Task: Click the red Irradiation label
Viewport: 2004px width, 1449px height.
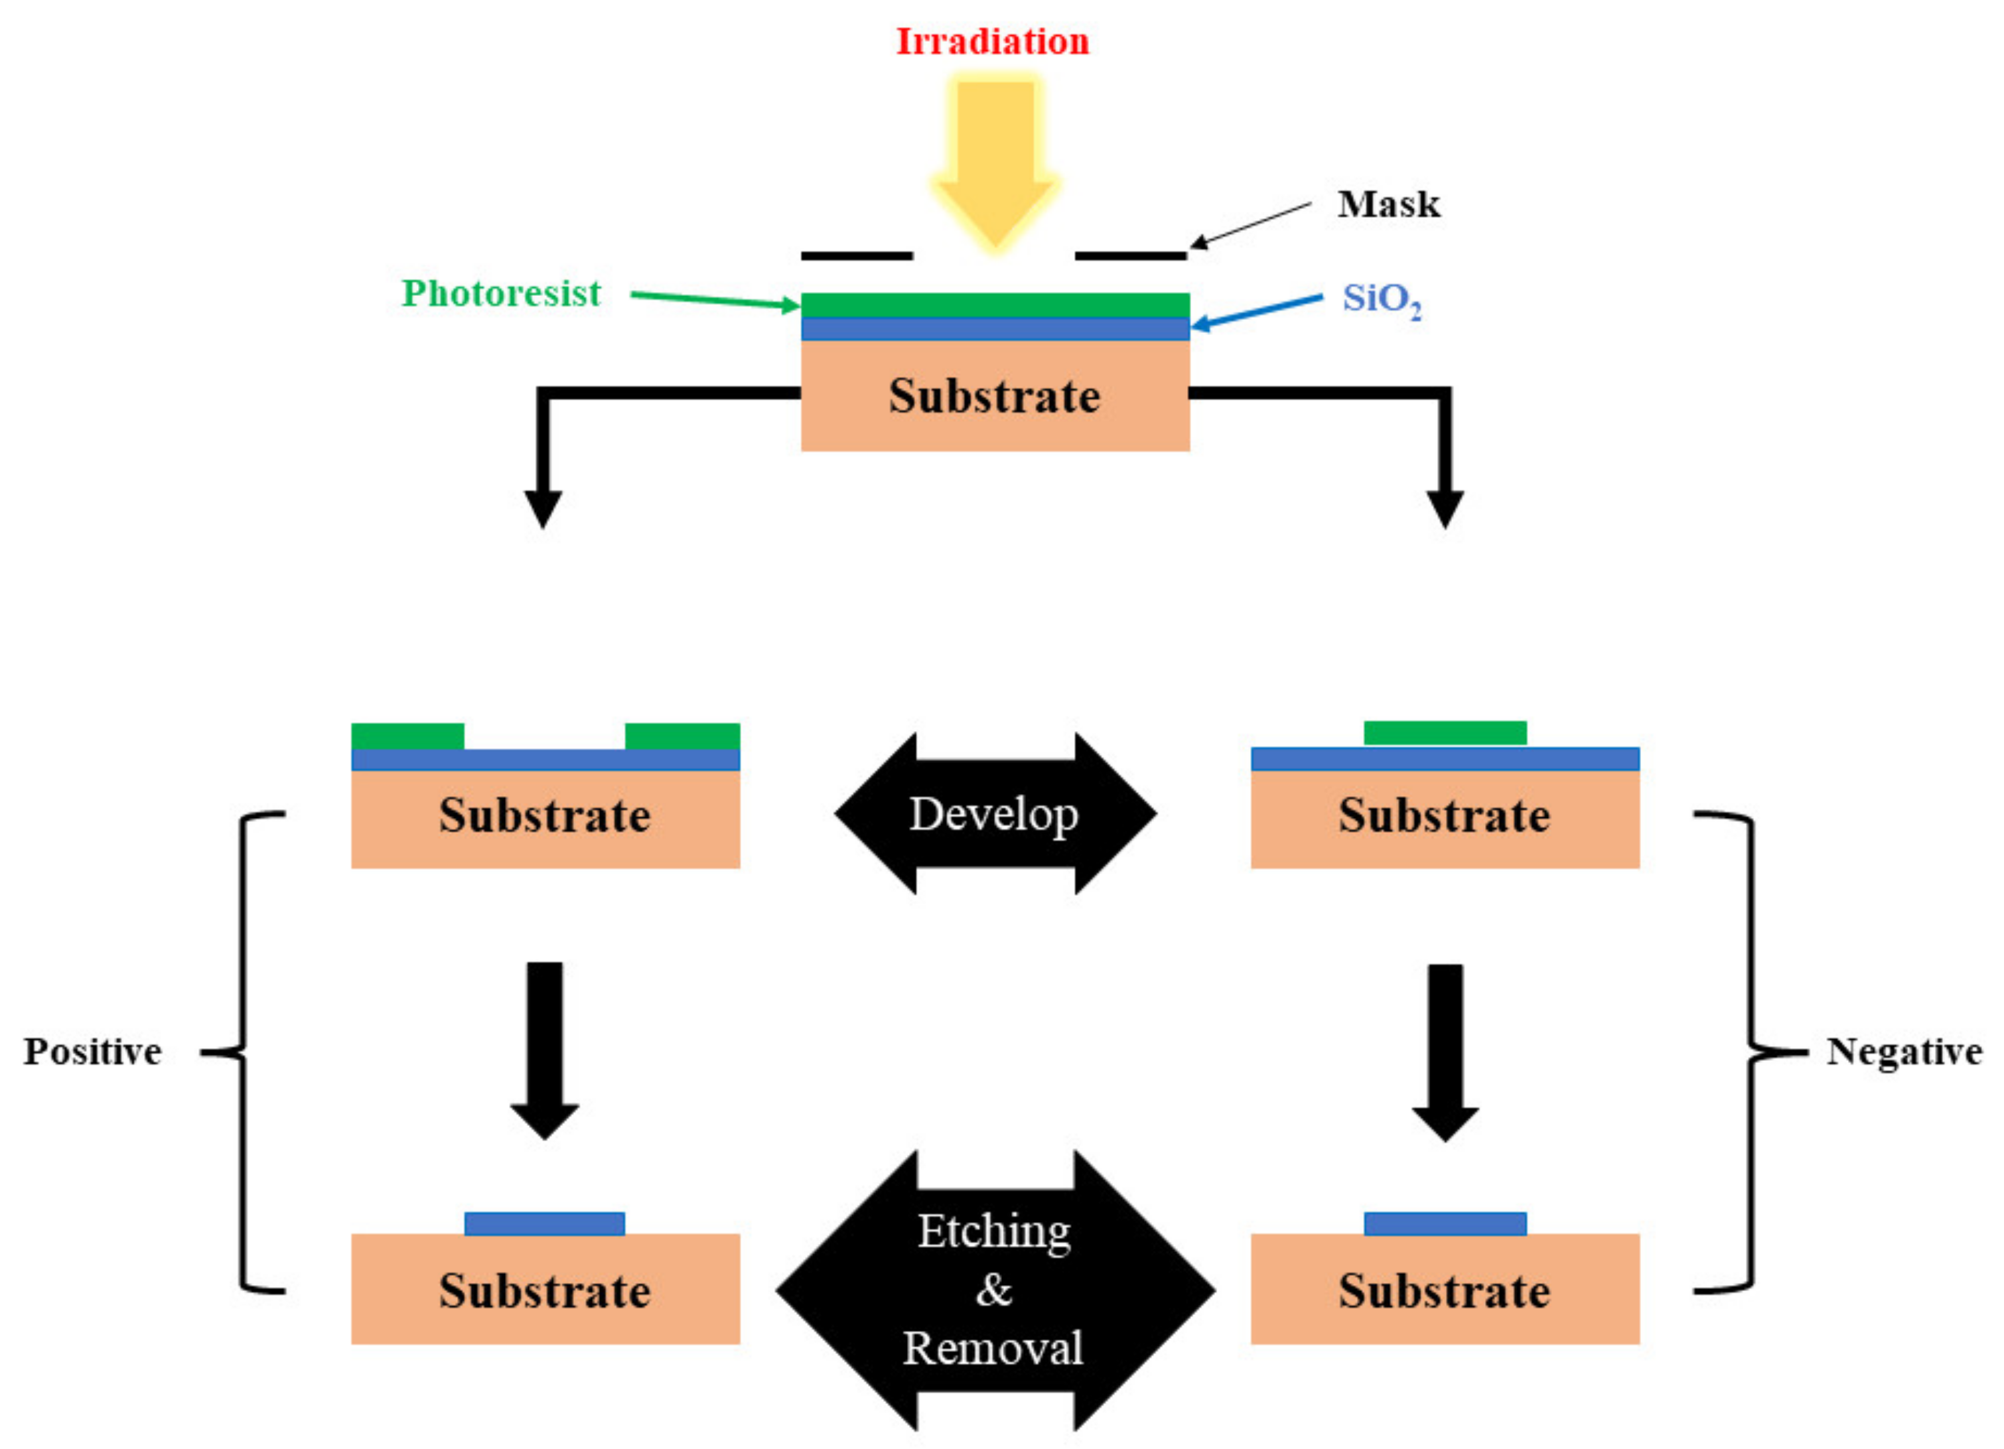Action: (x=992, y=42)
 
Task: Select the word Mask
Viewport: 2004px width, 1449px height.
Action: (x=1388, y=204)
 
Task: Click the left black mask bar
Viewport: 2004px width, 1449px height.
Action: (x=856, y=256)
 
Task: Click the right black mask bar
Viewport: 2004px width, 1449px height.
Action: (x=1130, y=256)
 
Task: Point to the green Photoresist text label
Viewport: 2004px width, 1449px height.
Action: (x=501, y=293)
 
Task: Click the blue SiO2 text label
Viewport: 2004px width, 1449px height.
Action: (x=1381, y=301)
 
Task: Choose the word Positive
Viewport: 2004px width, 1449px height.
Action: (x=93, y=1052)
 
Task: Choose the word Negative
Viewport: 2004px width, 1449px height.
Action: (x=1904, y=1052)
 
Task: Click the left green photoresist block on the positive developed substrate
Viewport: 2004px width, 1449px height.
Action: (x=407, y=736)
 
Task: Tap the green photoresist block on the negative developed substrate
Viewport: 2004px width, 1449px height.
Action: (x=1445, y=733)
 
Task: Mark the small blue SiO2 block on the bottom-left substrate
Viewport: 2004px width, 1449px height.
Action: (x=544, y=1223)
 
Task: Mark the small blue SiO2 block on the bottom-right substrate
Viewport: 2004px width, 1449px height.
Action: (x=1445, y=1223)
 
